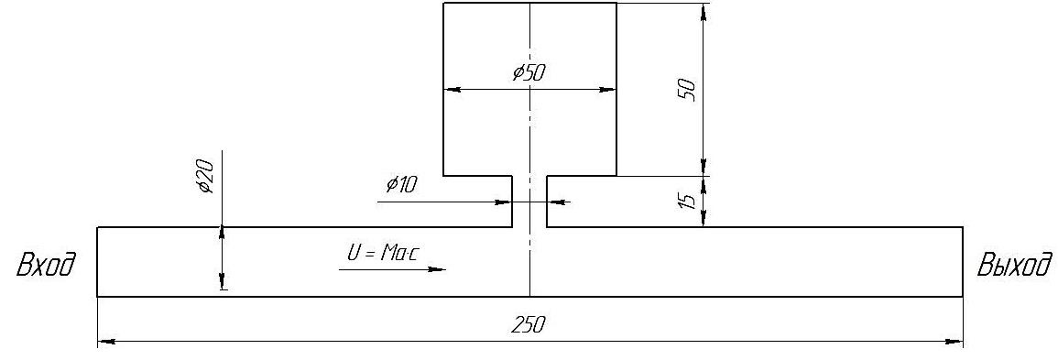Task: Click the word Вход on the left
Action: coord(45,264)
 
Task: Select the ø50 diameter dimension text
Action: coord(529,72)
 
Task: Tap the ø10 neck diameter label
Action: coord(402,184)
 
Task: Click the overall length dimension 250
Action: coord(528,325)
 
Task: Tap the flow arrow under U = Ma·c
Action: coord(392,269)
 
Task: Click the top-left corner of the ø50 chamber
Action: coord(443,3)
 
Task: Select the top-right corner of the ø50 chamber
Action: coord(616,3)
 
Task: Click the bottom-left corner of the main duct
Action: coord(98,296)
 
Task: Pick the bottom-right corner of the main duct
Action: coord(962,296)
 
